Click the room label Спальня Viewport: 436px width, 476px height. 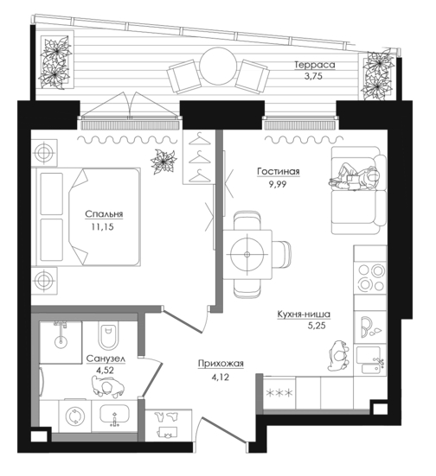104,214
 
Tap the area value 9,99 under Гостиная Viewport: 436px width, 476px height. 278,184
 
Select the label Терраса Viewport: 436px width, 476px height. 315,65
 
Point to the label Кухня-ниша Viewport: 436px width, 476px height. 304,314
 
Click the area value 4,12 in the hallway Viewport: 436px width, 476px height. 220,378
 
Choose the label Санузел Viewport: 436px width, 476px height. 106,359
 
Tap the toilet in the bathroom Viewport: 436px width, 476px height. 107,337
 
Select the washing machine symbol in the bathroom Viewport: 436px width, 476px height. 74,416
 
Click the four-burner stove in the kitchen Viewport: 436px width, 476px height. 370,277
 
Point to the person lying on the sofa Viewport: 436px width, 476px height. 355,178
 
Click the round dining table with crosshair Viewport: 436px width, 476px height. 247,254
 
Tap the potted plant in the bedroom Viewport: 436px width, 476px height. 163,162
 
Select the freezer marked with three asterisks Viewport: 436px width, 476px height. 279,393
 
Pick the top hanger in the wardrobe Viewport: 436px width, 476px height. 200,139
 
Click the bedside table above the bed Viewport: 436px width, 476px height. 44,152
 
